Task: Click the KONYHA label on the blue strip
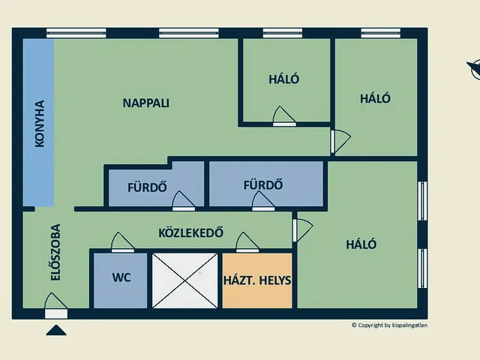[39, 123]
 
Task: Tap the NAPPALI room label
[145, 103]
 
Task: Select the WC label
[121, 277]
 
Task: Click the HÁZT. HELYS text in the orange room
[257, 280]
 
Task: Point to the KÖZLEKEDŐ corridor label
[191, 232]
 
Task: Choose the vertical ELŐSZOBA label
[55, 253]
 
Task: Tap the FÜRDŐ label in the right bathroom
[262, 184]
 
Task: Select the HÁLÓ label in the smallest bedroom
[284, 79]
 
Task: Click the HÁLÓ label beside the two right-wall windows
[361, 244]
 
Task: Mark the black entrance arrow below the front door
[56, 330]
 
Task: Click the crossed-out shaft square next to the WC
[184, 280]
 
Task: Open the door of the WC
[122, 242]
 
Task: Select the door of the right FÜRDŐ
[262, 200]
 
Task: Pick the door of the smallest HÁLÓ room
[284, 116]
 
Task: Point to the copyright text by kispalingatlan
[394, 325]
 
